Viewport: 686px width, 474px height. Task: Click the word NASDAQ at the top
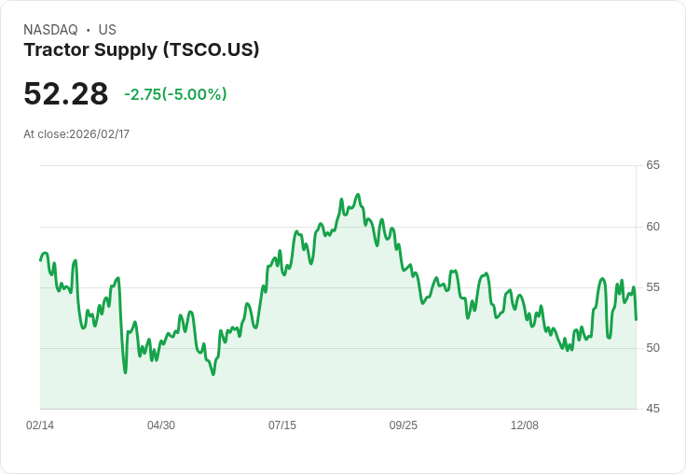pos(50,30)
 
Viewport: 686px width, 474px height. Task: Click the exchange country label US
pos(107,30)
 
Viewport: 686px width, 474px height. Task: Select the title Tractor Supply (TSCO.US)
pos(142,50)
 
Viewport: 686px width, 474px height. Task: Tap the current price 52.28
pos(66,94)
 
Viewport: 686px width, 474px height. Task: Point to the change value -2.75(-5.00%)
pos(175,94)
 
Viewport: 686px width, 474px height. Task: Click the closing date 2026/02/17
pos(99,134)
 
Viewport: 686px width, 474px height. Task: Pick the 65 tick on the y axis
pos(653,165)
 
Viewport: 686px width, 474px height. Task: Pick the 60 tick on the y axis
pos(653,227)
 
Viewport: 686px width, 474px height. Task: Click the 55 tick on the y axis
pos(653,287)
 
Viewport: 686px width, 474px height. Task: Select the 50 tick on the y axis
pos(653,348)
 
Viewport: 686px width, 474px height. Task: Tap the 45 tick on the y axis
pos(653,409)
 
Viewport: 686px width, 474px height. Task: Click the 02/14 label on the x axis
pos(40,425)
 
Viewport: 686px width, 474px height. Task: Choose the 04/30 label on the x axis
pos(161,425)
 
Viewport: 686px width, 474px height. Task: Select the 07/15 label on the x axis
pos(282,425)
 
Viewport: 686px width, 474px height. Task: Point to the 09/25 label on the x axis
pos(404,425)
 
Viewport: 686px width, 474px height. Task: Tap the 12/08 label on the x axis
pos(525,425)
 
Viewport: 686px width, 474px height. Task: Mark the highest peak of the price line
pos(358,195)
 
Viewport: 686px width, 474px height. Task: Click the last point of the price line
pos(636,320)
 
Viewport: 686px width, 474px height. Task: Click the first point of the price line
pos(40,259)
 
